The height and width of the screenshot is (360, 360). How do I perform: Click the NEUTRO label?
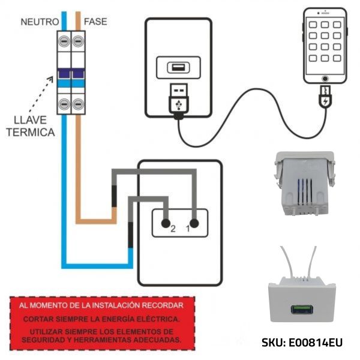(39, 22)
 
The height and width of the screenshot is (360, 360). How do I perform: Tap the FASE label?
(95, 22)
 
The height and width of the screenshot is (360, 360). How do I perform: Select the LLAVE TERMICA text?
(31, 125)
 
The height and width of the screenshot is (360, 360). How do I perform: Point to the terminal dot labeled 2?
(164, 223)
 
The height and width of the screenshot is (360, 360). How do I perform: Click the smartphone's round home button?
(325, 78)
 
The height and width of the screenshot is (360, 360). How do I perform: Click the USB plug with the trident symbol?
(178, 100)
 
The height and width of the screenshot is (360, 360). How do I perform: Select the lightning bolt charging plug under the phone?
(325, 98)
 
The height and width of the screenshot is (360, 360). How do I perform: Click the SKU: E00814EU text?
(302, 343)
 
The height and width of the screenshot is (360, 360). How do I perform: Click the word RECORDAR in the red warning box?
(161, 305)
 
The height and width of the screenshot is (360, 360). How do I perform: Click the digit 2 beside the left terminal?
(172, 229)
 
